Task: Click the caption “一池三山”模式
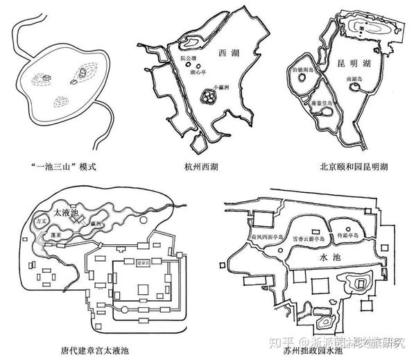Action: point(68,167)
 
